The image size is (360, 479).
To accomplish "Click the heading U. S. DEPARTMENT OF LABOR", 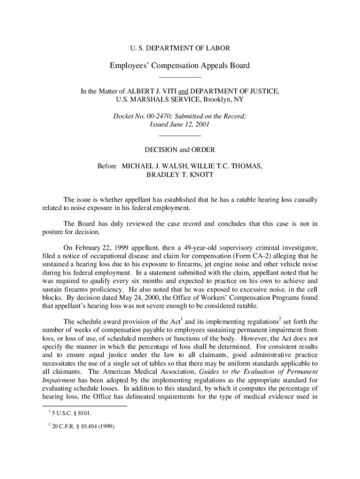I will [x=180, y=48].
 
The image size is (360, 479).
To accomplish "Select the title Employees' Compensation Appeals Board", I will [x=180, y=65].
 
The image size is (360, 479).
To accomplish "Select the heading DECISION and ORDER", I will [x=180, y=150].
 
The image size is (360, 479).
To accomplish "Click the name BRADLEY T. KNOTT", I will [x=180, y=174].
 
